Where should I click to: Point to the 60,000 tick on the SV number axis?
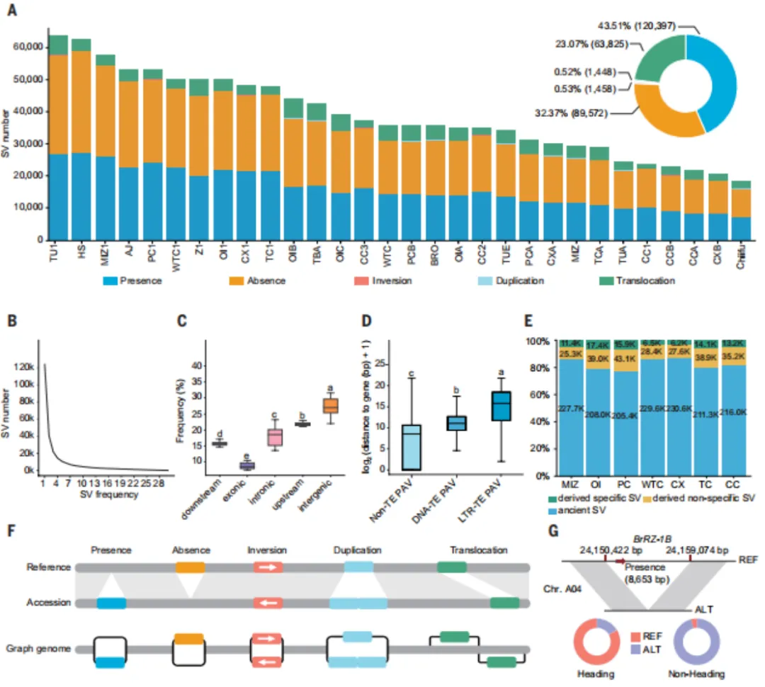point(29,47)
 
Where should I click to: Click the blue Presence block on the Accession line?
point(111,603)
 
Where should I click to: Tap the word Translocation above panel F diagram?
point(479,550)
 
